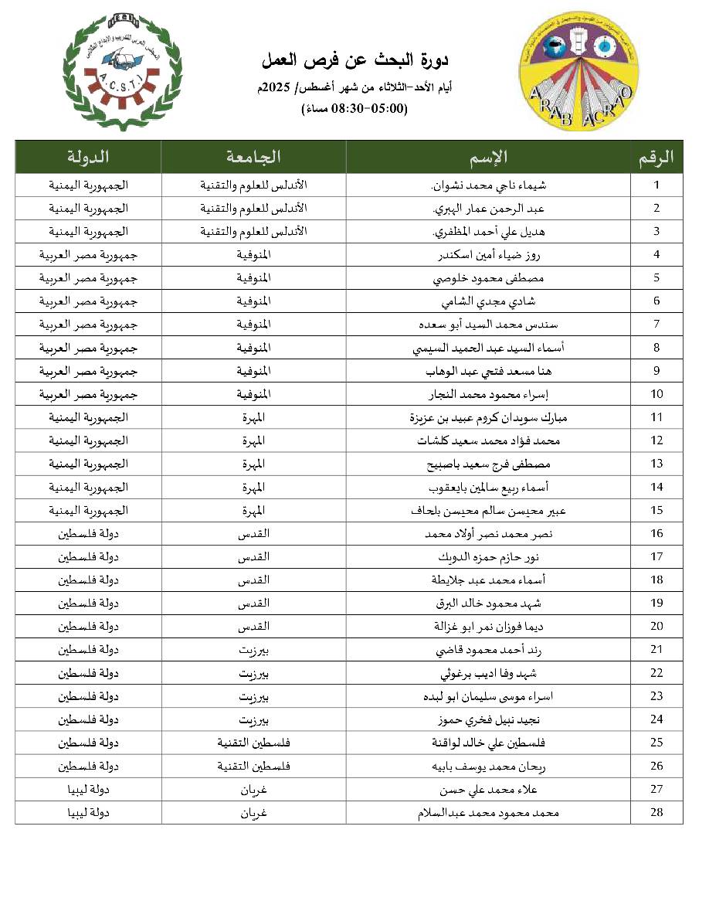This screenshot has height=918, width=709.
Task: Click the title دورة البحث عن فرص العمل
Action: [x=355, y=60]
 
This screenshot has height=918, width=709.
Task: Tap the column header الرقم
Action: [x=656, y=157]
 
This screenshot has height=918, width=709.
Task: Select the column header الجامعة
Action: [x=253, y=157]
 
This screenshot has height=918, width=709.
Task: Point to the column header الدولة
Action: [x=88, y=157]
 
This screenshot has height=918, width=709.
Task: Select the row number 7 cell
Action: [x=656, y=325]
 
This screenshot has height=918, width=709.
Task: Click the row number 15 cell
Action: [x=656, y=510]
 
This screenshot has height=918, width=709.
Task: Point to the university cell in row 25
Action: [x=253, y=743]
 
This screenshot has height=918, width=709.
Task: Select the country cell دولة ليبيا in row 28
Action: [x=88, y=812]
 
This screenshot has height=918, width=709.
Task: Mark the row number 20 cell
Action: [x=656, y=626]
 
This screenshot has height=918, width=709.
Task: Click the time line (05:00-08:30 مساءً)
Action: [x=354, y=109]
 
